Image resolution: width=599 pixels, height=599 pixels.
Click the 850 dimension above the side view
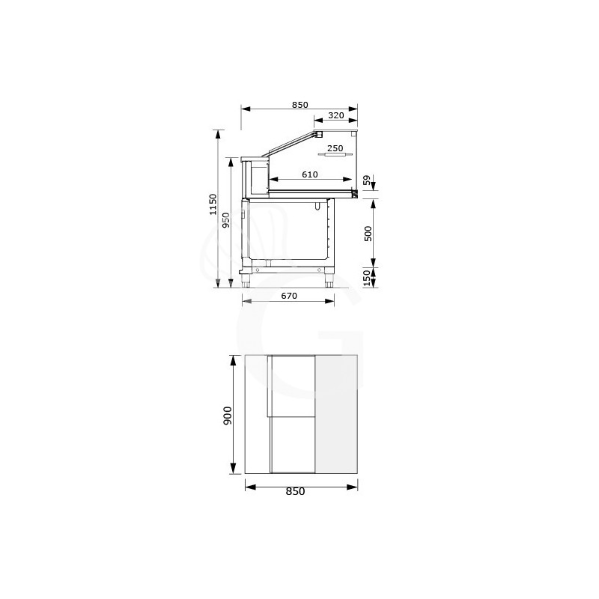[299, 106]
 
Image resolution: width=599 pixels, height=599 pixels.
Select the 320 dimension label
[335, 115]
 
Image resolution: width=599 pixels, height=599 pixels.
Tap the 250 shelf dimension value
[335, 148]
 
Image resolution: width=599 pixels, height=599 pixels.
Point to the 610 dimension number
[310, 174]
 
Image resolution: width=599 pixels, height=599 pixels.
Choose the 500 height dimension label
[367, 232]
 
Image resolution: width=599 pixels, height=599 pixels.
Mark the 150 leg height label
[367, 279]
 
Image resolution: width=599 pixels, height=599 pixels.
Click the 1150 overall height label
[213, 204]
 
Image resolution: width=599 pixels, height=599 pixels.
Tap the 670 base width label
[289, 297]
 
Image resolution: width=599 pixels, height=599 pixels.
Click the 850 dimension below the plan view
[295, 492]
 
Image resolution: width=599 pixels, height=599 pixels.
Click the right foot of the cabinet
[329, 282]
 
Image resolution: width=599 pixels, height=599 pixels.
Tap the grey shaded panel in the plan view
[338, 414]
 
